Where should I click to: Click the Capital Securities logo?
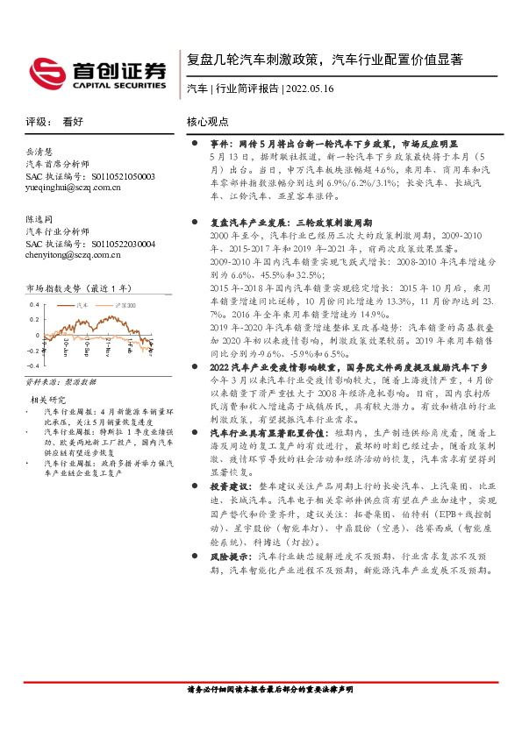(97, 69)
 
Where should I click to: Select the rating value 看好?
(73, 123)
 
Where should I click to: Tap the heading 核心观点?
(208, 123)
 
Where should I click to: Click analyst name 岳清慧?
(39, 151)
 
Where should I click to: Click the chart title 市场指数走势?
(54, 287)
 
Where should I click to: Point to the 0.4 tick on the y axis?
(34, 305)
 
